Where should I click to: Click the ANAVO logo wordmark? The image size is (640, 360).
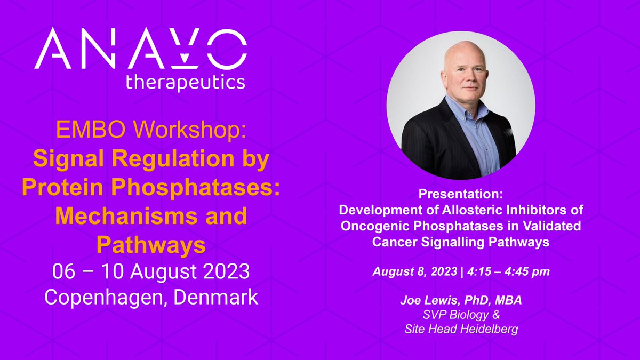pyautogui.click(x=141, y=49)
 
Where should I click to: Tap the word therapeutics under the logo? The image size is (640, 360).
pyautogui.click(x=185, y=82)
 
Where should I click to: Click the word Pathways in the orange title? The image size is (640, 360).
pyautogui.click(x=151, y=245)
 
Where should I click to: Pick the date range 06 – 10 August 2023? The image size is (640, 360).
pyautogui.click(x=151, y=272)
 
